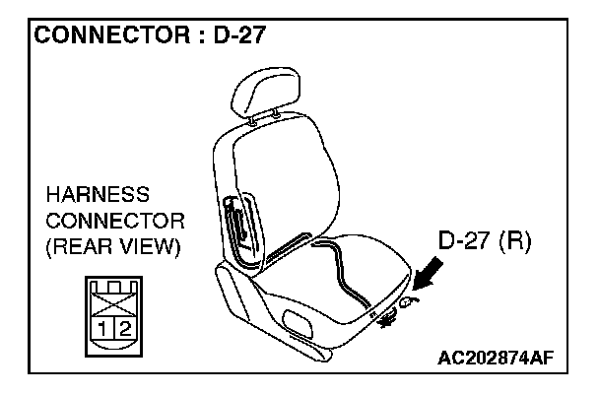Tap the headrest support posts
(264, 117)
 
